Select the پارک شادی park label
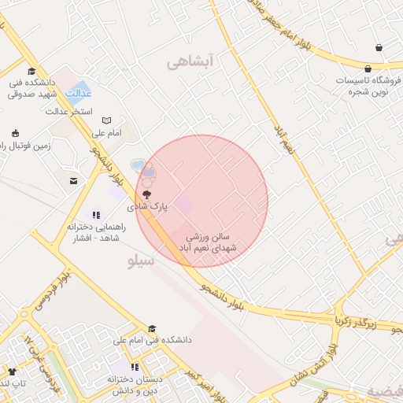pyautogui.click(x=149, y=206)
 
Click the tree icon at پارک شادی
pyautogui.click(x=146, y=194)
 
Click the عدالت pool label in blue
pyautogui.click(x=78, y=93)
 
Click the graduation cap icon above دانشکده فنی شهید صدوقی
pyautogui.click(x=31, y=71)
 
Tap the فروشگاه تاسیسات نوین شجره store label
pyautogui.click(x=369, y=86)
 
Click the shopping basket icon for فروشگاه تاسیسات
pyautogui.click(x=379, y=48)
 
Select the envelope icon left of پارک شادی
pyautogui.click(x=73, y=181)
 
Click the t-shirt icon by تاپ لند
pyautogui.click(x=11, y=372)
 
